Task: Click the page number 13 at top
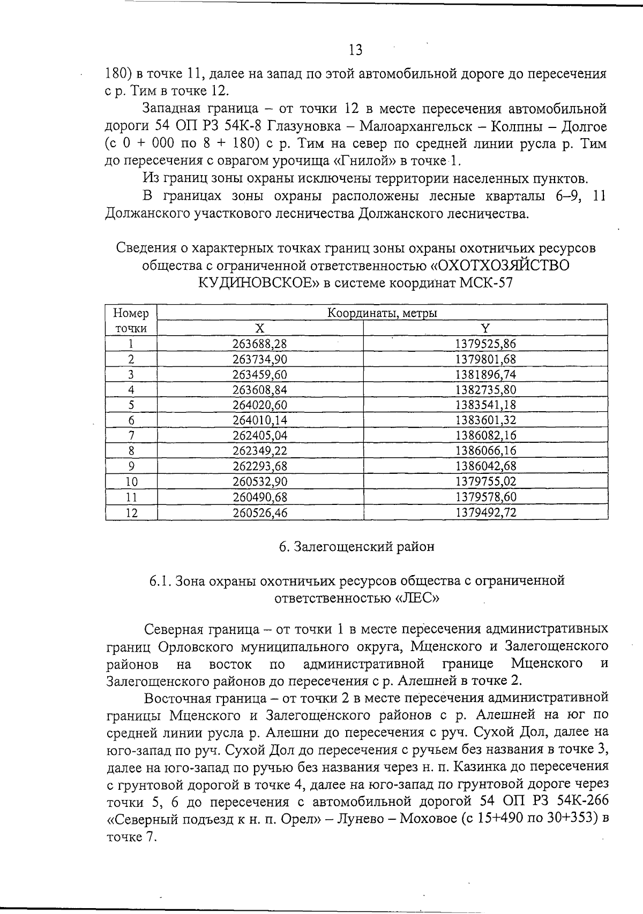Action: point(355,50)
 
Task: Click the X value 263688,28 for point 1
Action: point(260,344)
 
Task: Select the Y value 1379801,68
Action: point(485,359)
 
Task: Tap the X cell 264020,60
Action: point(260,405)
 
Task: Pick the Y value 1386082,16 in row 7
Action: point(485,435)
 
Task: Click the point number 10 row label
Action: point(131,482)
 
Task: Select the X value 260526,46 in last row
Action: point(260,513)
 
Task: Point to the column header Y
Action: point(485,328)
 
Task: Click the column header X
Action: point(260,328)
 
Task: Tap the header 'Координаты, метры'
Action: point(382,313)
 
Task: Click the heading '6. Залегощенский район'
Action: point(356,547)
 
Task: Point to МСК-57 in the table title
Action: point(486,283)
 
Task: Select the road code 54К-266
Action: point(581,802)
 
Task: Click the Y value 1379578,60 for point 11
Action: point(485,497)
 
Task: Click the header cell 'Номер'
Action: point(131,313)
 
